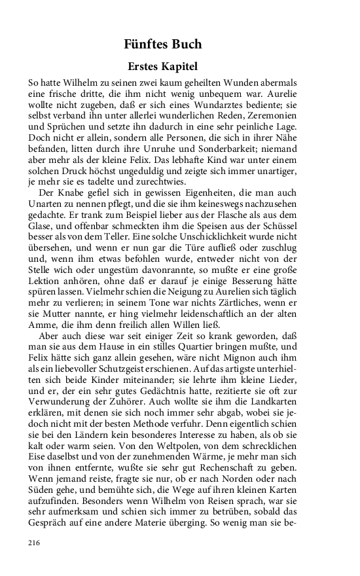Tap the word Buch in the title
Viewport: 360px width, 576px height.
[x=187, y=45]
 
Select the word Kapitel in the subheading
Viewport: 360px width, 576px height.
[x=177, y=67]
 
